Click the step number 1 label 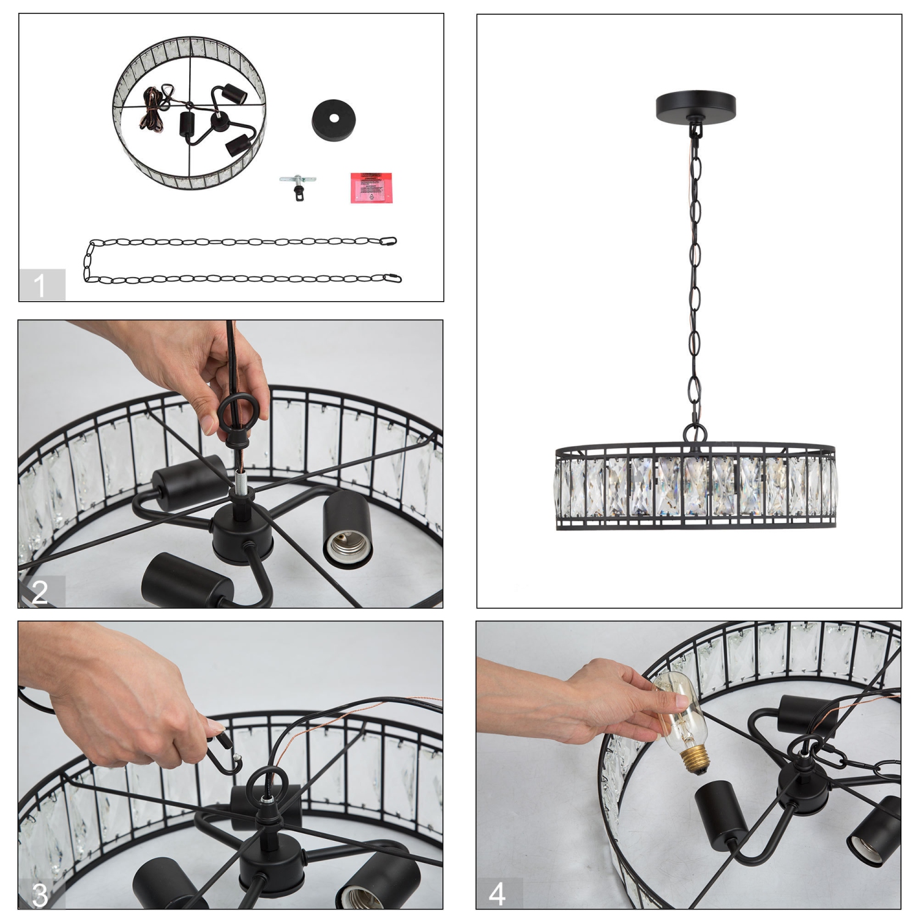[x=40, y=285]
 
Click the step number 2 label [x=40, y=592]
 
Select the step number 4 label [x=498, y=894]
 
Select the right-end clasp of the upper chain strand [x=389, y=241]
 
